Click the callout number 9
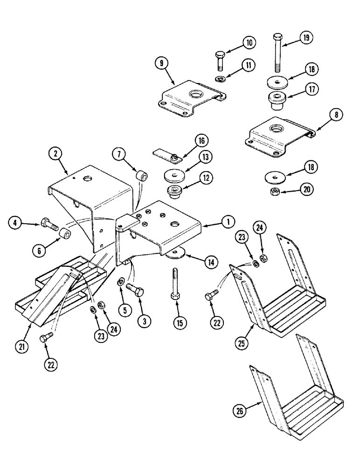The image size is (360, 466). (162, 63)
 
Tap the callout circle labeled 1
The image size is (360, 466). (228, 223)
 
